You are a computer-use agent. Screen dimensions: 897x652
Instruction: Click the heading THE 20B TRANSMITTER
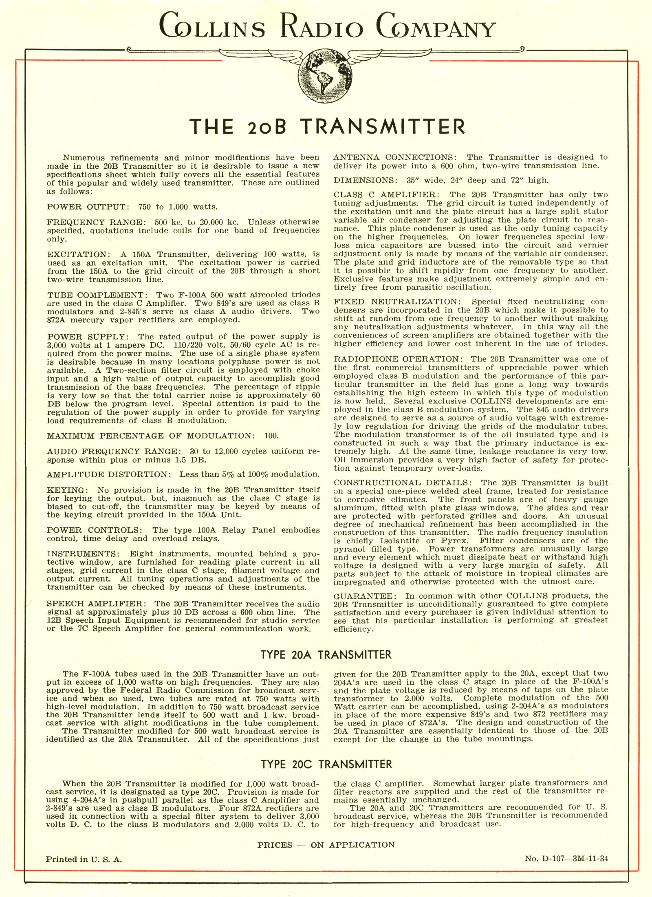point(326,127)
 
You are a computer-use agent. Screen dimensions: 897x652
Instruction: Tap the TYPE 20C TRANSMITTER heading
point(326,764)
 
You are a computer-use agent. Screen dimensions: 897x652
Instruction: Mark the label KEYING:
point(66,490)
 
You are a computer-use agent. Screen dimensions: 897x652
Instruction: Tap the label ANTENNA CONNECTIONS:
point(397,157)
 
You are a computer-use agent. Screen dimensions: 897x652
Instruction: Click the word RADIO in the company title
point(319,29)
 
